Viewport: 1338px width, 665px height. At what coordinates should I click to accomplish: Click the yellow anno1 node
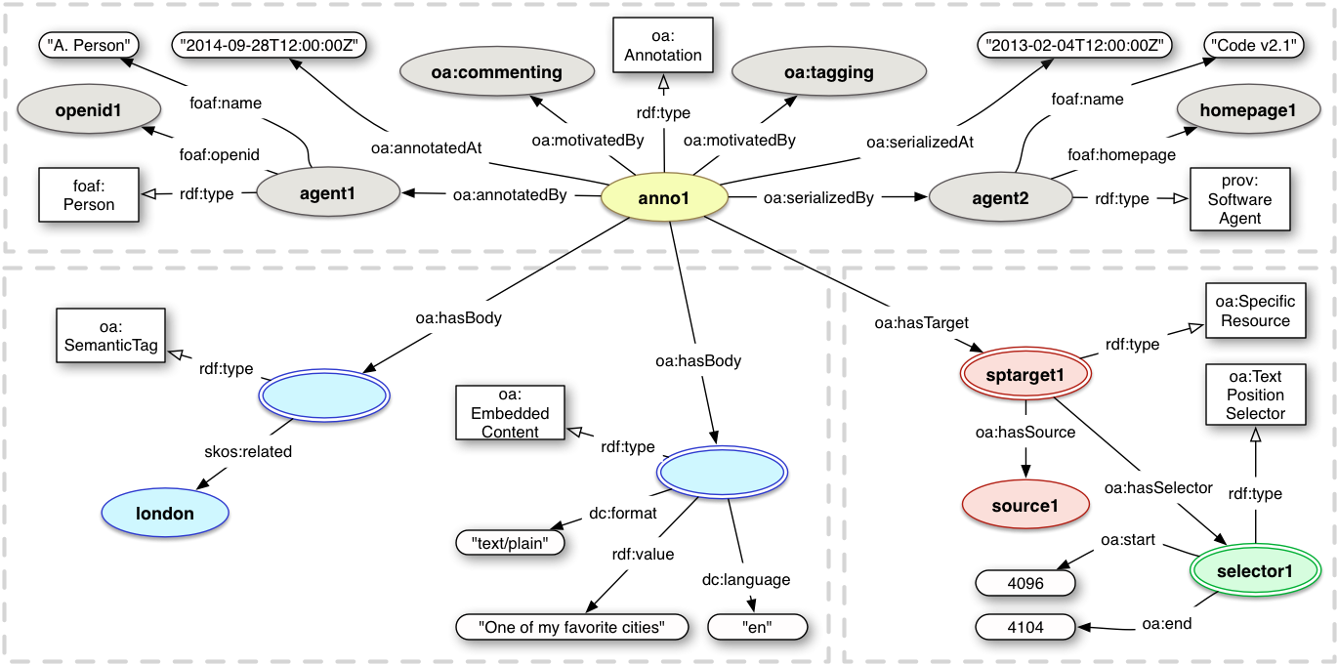tap(664, 198)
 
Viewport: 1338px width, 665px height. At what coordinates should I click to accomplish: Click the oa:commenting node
tap(495, 72)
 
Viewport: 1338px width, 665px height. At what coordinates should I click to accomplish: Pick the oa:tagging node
tap(828, 72)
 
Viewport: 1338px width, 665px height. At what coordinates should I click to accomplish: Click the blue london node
tap(164, 513)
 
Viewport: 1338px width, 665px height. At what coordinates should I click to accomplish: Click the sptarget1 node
tap(1024, 374)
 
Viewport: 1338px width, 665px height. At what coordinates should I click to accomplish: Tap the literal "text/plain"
tap(510, 542)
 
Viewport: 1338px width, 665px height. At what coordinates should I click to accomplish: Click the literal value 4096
tap(1024, 584)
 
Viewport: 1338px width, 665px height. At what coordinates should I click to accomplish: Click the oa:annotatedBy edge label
tap(510, 194)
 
